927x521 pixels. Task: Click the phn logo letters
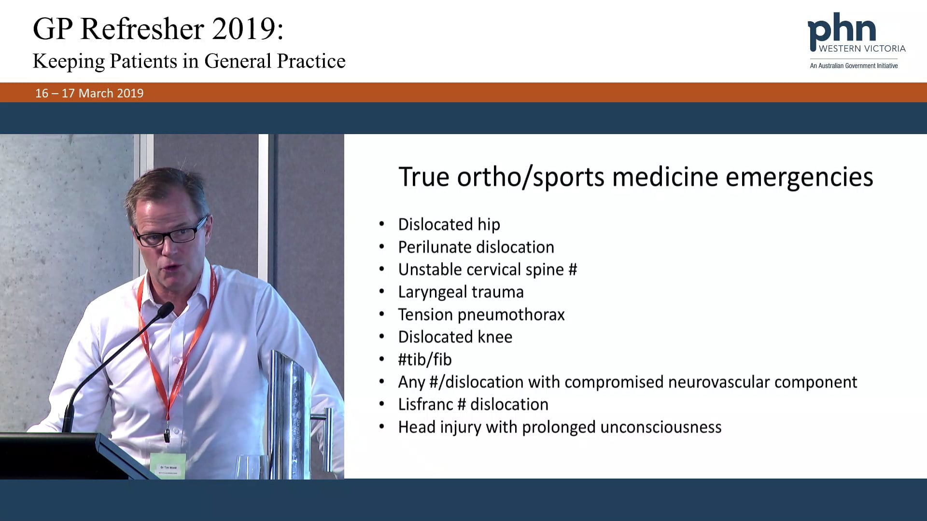pos(842,30)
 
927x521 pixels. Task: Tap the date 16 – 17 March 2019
pos(89,93)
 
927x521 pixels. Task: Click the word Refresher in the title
pos(142,29)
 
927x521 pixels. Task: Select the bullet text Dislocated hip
pos(449,224)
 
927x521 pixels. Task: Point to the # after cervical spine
pos(573,269)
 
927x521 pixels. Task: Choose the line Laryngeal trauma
pos(461,292)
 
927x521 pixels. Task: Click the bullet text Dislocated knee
pos(455,337)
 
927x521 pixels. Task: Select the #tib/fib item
pos(425,359)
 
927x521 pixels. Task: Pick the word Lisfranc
pos(425,404)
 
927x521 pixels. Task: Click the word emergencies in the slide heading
pos(799,177)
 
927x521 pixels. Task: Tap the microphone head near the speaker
pos(165,310)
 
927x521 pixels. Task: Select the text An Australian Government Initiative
pos(854,66)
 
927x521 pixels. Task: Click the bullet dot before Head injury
pos(381,426)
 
